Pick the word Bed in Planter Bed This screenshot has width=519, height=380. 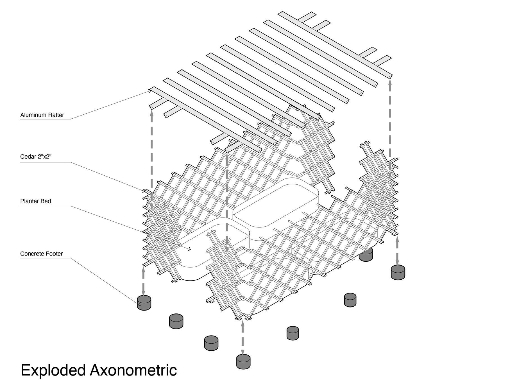46,201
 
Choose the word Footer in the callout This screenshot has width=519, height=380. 55,254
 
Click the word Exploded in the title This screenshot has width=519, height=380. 53,370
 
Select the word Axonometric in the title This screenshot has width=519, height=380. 133,370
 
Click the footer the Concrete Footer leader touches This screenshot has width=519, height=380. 144,303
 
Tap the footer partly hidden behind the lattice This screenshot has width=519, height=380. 366,254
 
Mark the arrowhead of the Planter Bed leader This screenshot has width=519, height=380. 190,249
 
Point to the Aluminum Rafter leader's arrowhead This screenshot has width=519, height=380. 150,91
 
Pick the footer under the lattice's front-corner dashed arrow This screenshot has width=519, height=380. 243,361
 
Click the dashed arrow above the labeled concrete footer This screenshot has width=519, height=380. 144,281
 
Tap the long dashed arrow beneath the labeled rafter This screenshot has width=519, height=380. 152,157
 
